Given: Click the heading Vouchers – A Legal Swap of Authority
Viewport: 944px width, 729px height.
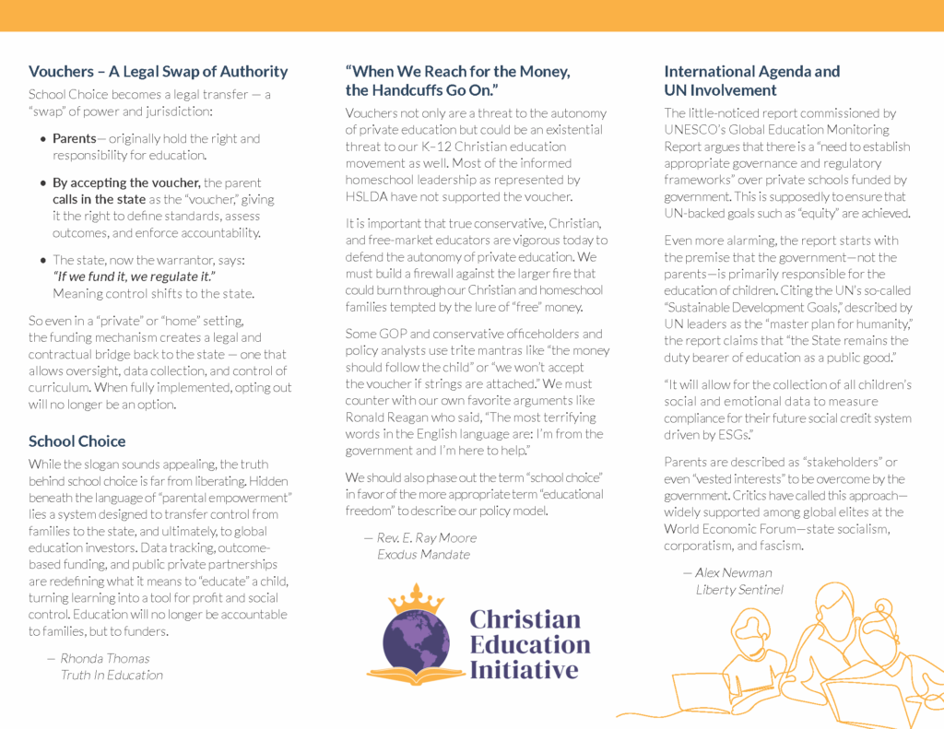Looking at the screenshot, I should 158,72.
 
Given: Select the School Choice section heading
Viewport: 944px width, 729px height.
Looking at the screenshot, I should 77,441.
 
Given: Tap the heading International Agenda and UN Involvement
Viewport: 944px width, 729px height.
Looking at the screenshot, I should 752,81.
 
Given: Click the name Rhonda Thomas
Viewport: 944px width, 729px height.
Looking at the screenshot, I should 105,658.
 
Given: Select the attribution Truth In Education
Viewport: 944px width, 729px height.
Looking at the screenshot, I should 112,675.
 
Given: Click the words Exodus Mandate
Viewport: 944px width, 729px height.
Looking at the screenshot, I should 423,554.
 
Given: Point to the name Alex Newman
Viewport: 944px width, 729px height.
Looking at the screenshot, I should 734,572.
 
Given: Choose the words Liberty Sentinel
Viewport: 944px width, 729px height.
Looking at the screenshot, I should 739,589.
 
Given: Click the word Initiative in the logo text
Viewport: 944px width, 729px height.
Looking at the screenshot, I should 524,670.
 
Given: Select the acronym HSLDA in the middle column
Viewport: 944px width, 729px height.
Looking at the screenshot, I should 371,196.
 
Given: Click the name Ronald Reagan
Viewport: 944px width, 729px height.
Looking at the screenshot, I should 386,417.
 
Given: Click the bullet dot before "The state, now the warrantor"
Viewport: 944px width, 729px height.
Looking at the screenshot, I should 43,261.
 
